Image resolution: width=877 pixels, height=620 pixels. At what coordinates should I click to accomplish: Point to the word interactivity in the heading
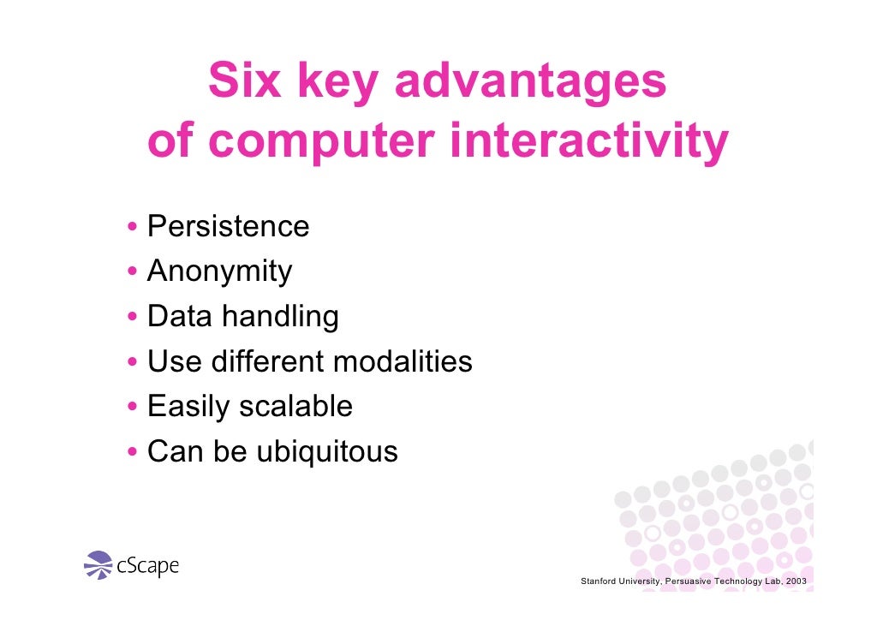(x=589, y=142)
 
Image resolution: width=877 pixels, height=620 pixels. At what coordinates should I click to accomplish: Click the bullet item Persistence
(x=228, y=227)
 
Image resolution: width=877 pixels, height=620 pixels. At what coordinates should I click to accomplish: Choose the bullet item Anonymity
(x=219, y=272)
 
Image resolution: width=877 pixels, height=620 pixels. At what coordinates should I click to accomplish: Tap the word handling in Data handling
(x=281, y=317)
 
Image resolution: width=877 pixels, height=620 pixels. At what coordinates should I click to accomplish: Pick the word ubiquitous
(x=327, y=451)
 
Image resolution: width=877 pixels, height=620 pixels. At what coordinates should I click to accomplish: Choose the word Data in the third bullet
(x=180, y=317)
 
